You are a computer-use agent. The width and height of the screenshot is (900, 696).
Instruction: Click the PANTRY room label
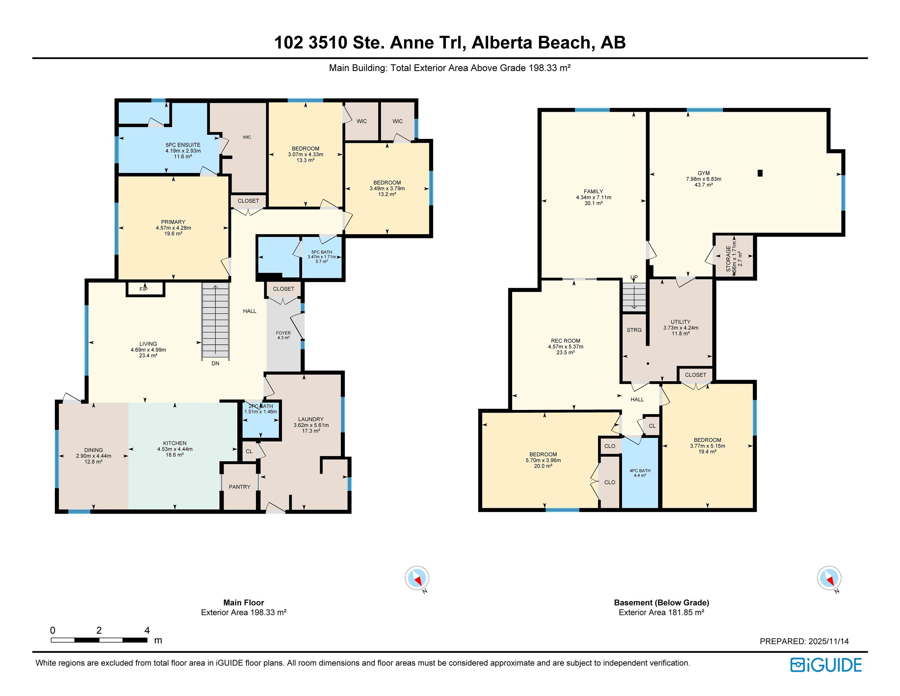pos(239,487)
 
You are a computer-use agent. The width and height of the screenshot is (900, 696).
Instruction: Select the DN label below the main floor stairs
pos(215,363)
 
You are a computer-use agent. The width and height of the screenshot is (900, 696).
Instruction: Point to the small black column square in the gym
pos(760,173)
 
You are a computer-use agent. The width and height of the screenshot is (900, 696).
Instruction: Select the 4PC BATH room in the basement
pos(640,472)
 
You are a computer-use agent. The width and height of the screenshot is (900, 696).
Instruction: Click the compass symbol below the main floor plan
pos(417,578)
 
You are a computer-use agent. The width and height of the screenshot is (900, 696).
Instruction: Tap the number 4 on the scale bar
pos(147,630)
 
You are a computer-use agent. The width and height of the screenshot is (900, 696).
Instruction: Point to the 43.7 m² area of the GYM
pos(703,185)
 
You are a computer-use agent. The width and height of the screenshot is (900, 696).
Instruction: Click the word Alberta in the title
pos(502,43)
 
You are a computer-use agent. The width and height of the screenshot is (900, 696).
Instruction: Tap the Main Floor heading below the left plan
pos(244,602)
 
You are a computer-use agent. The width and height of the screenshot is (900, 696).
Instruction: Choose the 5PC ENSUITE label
pos(183,145)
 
